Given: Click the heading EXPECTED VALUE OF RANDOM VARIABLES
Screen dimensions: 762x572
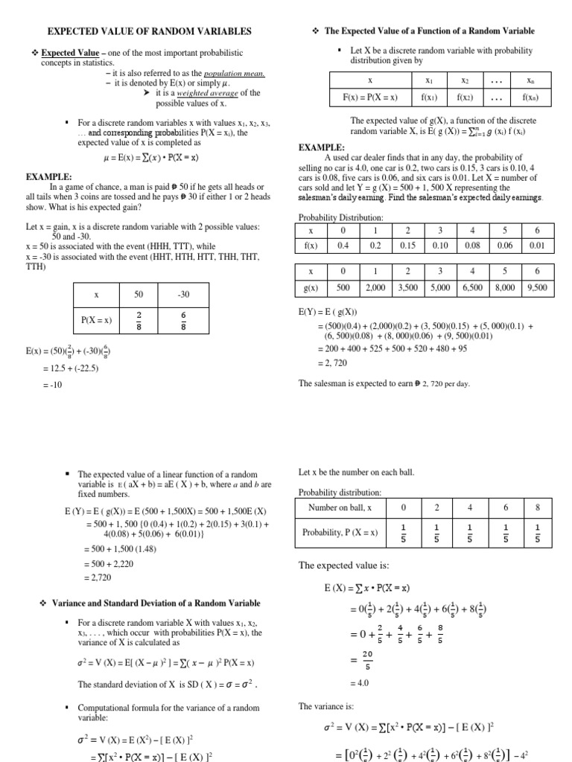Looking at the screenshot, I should [150, 31].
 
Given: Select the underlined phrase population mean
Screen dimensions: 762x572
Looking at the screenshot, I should [235, 74].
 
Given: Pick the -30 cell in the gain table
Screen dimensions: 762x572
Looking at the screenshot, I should [184, 295].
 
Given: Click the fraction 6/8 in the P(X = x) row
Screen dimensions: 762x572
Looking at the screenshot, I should [184, 320].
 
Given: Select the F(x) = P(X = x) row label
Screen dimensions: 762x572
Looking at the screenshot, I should [370, 97].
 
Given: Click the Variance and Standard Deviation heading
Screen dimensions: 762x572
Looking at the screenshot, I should [156, 603].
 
